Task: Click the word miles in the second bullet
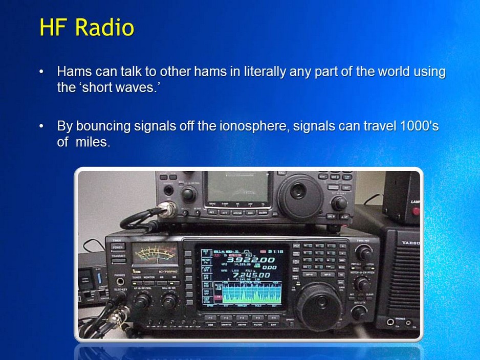coord(93,142)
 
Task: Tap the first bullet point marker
coord(42,72)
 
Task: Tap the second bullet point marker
coord(42,126)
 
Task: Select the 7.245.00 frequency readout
coord(250,275)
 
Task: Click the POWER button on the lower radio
coord(118,246)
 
